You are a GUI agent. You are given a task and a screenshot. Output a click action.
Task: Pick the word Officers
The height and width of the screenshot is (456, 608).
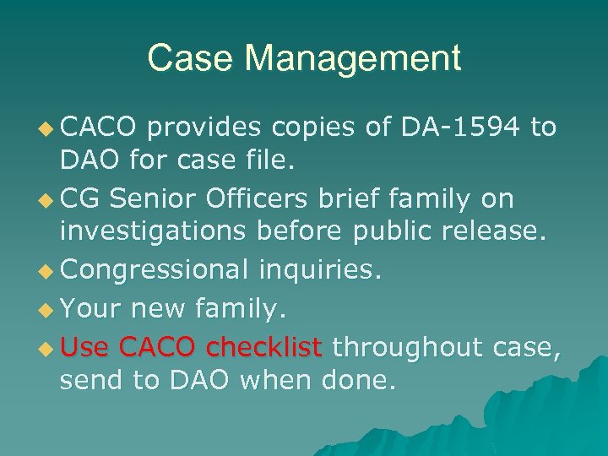pos(260,198)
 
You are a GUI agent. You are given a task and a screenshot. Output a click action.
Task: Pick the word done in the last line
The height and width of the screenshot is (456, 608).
pos(358,382)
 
